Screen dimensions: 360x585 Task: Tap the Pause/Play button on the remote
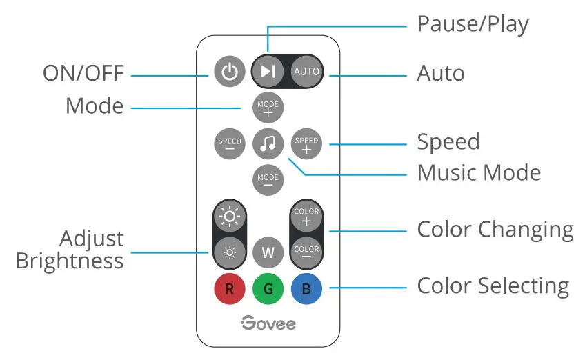click(x=268, y=72)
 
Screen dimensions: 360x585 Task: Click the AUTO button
click(x=306, y=72)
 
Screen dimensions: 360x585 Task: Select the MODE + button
click(x=268, y=108)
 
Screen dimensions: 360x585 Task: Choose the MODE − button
click(x=268, y=181)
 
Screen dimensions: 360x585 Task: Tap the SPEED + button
click(x=306, y=144)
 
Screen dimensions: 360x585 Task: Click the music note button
click(x=268, y=144)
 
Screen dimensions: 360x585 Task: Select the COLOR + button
click(x=306, y=215)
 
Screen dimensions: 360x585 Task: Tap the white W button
click(x=268, y=252)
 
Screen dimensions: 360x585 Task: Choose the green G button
click(x=268, y=289)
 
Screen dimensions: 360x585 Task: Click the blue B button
click(x=306, y=289)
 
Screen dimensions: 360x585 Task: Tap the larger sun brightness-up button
click(x=229, y=216)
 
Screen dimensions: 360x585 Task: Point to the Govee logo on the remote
click(x=268, y=323)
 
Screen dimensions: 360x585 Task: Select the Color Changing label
click(x=495, y=230)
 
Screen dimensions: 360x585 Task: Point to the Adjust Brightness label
click(x=70, y=250)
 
